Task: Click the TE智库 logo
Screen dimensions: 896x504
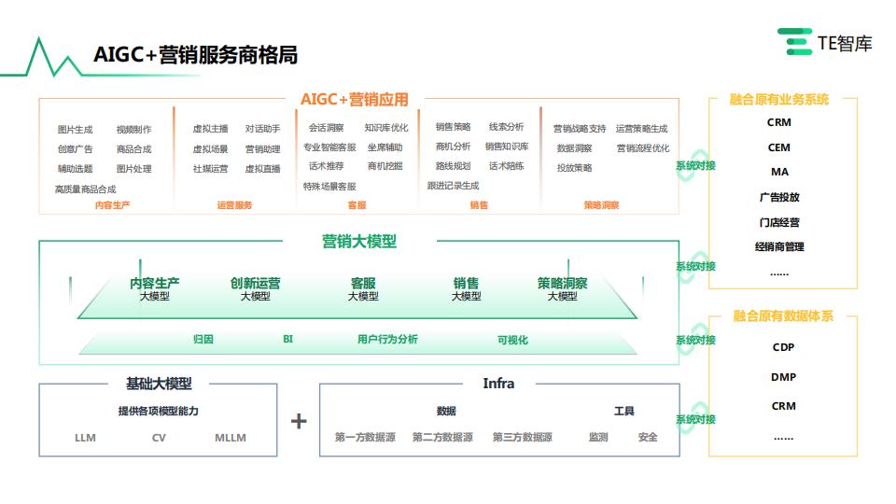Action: click(x=824, y=42)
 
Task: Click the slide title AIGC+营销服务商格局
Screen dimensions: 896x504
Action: click(x=195, y=55)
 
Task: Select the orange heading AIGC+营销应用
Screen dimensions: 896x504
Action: click(x=355, y=100)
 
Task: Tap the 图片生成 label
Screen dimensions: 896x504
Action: click(x=75, y=129)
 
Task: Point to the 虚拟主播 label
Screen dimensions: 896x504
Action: click(x=210, y=129)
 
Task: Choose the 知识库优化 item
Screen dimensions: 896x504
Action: click(x=386, y=128)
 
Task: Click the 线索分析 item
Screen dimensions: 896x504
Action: click(x=506, y=126)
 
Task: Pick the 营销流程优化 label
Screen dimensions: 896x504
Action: click(x=643, y=148)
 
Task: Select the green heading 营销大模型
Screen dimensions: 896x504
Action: click(x=359, y=242)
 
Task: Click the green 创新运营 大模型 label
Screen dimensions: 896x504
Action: click(x=255, y=288)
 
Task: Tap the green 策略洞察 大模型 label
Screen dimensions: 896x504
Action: click(x=562, y=288)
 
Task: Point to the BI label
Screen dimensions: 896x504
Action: click(x=288, y=340)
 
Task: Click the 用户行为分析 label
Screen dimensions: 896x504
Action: click(x=387, y=340)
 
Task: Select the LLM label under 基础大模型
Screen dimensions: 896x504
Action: click(x=85, y=438)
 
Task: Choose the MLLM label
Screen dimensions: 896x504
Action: click(x=231, y=438)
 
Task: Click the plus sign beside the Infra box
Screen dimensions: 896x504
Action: click(x=299, y=421)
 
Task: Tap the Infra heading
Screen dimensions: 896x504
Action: click(x=498, y=384)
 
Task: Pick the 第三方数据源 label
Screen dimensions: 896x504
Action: click(x=523, y=437)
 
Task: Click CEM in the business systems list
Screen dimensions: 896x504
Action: click(x=778, y=147)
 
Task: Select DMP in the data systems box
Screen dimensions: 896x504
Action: click(x=783, y=377)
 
